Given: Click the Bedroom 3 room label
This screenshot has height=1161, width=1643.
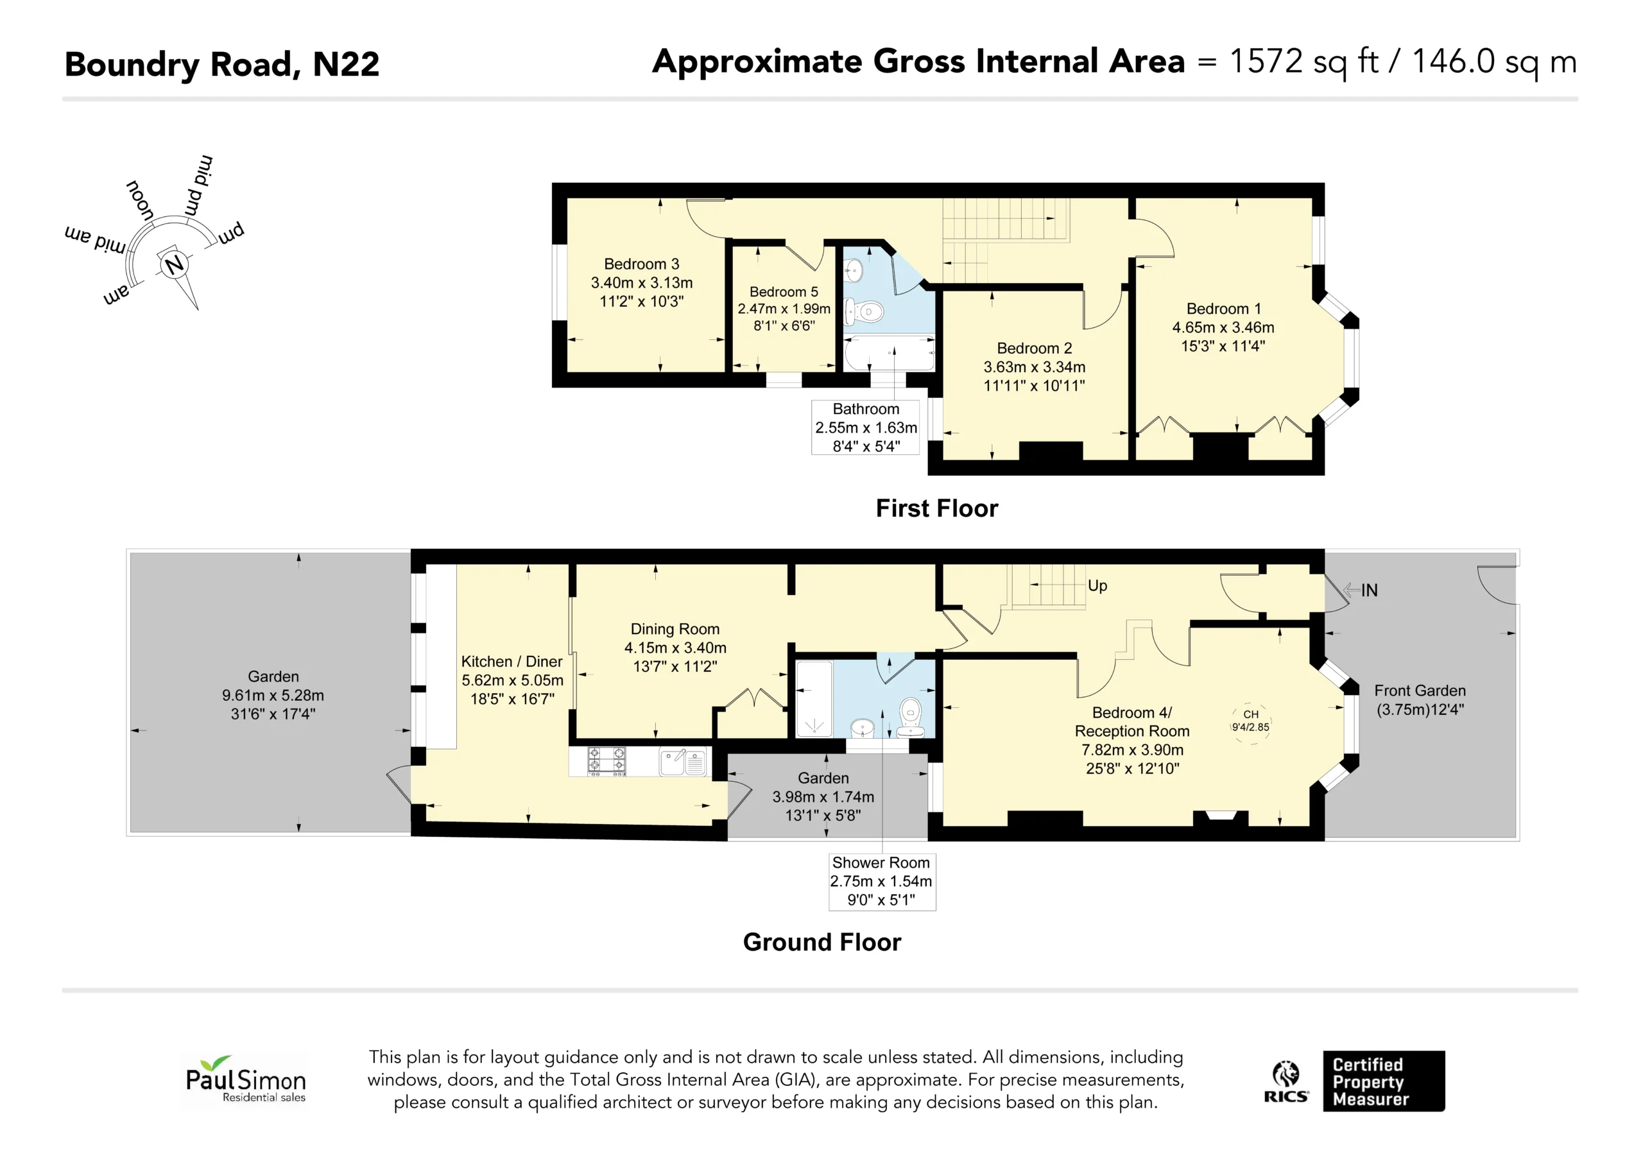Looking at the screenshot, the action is click(x=641, y=264).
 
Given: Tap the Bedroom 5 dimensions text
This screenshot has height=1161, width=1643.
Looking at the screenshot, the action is click(x=784, y=317).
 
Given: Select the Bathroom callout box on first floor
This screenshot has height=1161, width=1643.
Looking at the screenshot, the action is click(x=865, y=427).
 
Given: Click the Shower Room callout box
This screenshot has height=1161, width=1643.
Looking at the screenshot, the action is click(x=882, y=881).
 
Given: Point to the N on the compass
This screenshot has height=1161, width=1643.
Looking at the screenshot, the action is click(x=174, y=266).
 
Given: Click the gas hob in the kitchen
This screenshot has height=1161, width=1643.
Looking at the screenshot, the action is click(x=607, y=761).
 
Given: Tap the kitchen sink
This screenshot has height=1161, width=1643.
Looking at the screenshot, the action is click(x=684, y=762).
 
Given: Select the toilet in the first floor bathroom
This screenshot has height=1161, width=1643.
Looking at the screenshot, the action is click(x=865, y=312).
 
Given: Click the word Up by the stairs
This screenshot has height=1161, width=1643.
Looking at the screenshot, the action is click(x=1097, y=585).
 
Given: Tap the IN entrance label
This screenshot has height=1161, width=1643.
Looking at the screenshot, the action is click(x=1369, y=590).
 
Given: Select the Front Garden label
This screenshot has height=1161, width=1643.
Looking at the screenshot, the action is click(x=1420, y=691).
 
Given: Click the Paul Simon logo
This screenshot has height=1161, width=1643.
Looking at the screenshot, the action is click(x=245, y=1080).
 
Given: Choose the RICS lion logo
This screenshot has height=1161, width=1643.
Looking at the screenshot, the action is click(x=1286, y=1081).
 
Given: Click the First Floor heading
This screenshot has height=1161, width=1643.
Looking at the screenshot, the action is click(x=937, y=508).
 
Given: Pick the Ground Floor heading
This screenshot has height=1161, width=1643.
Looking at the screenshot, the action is click(x=821, y=942).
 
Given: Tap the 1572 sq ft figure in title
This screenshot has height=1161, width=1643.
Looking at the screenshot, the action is click(x=1303, y=62).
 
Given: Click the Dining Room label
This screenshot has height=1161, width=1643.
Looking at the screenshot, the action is click(x=675, y=629).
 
